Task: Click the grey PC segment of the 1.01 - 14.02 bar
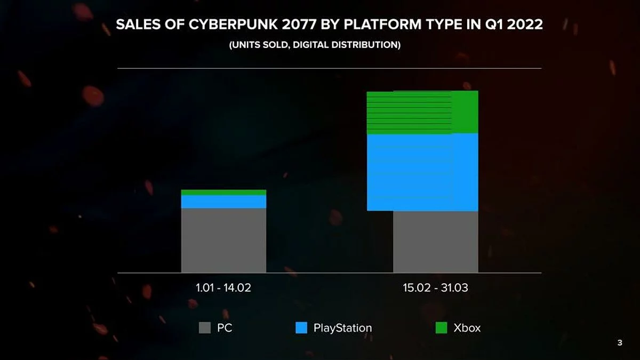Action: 223,240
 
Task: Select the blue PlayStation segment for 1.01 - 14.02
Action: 223,202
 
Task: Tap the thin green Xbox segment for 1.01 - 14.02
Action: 223,193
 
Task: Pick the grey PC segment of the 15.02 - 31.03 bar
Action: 435,242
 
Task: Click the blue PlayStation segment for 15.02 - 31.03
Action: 422,172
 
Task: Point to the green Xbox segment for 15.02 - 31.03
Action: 422,112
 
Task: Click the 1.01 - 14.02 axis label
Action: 223,288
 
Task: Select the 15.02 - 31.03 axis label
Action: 435,288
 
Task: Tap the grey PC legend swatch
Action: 205,328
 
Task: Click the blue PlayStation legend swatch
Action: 301,328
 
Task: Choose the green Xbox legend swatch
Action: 441,328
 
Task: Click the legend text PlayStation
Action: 342,328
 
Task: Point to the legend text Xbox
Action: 467,328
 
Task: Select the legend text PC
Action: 225,328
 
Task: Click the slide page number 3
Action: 619,343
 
